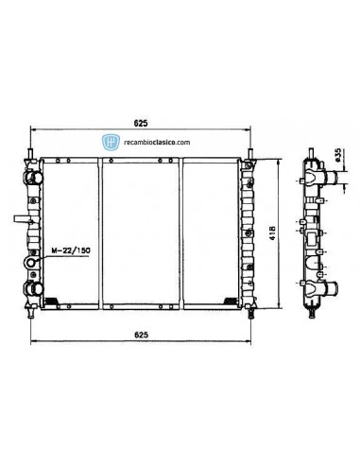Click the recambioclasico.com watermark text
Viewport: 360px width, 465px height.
tap(156, 141)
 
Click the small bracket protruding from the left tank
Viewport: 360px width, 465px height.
tap(20, 219)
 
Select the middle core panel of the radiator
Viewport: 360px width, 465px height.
tap(141, 232)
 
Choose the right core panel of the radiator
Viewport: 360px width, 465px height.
tap(211, 232)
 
